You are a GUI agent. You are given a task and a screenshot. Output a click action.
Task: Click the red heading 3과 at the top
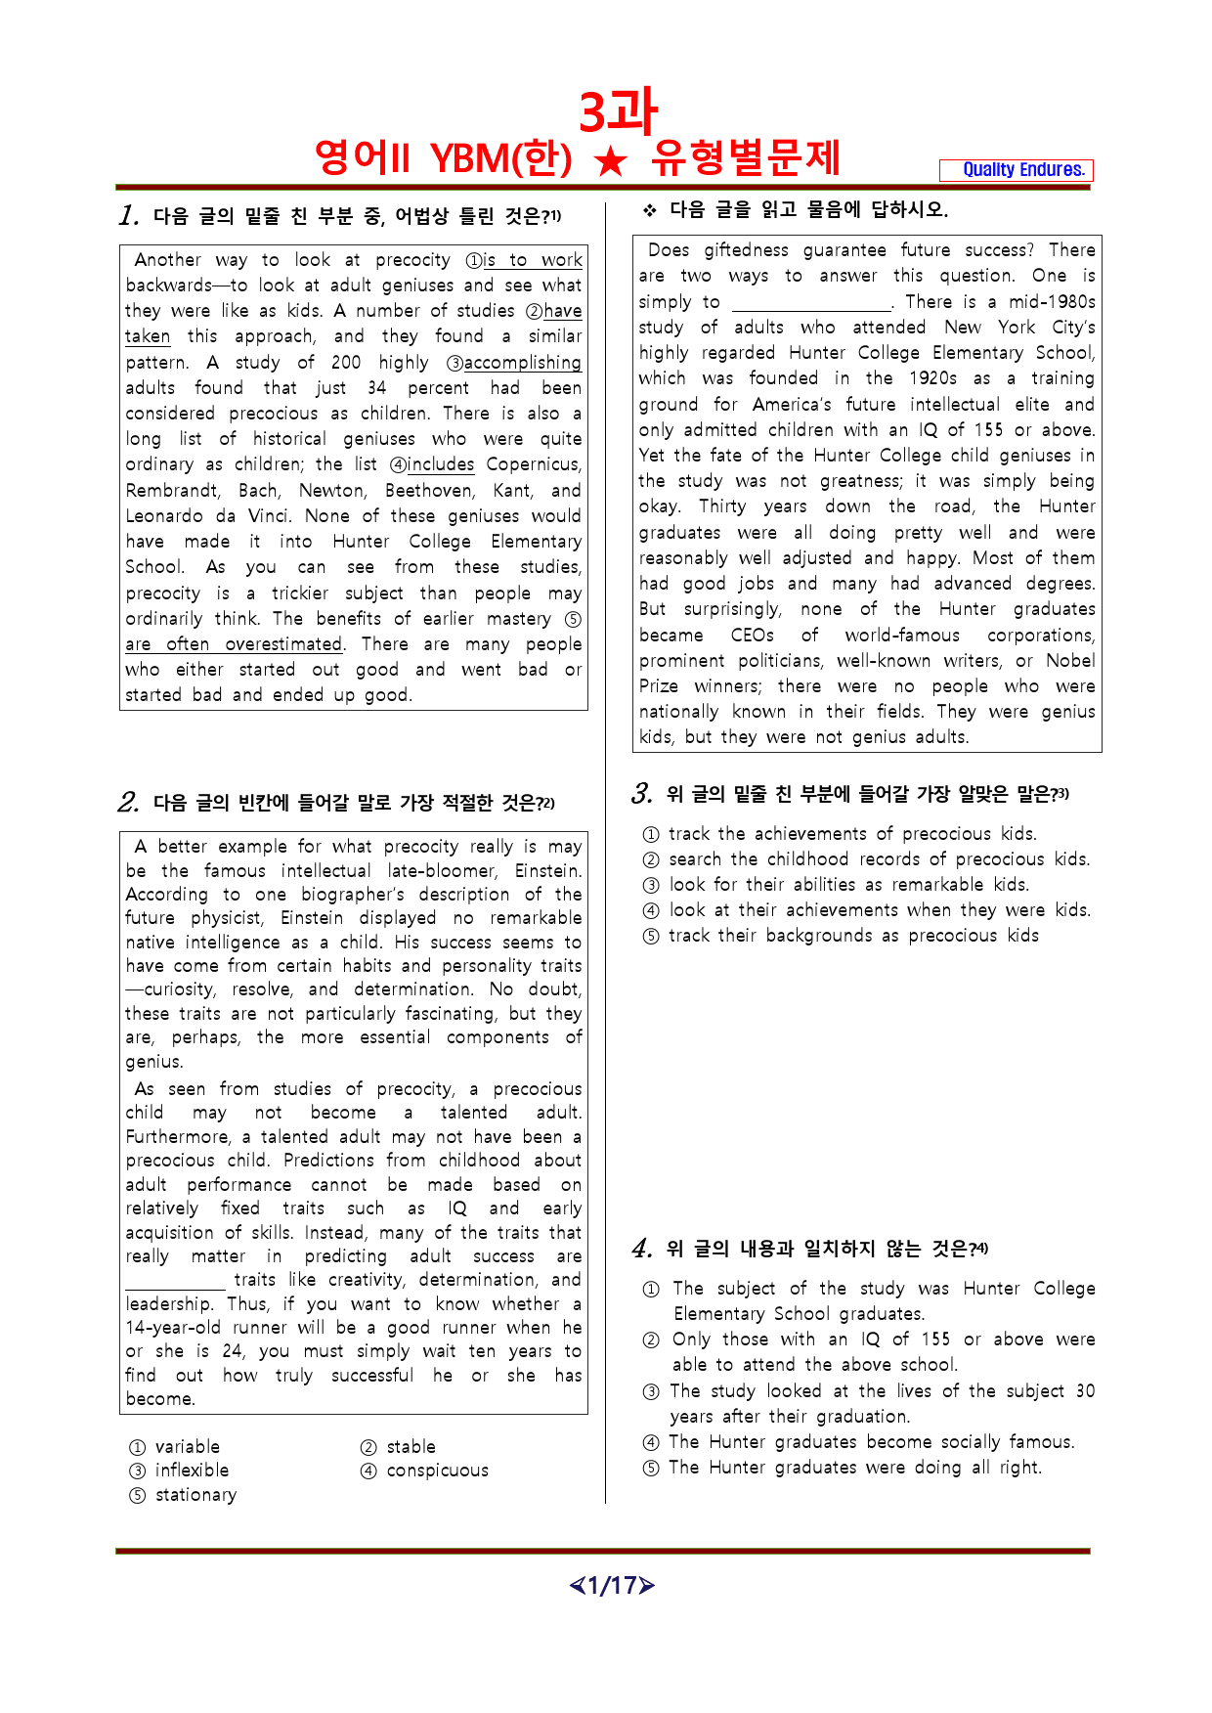pyautogui.click(x=618, y=112)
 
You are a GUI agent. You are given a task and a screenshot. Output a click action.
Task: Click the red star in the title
pyautogui.click(x=611, y=159)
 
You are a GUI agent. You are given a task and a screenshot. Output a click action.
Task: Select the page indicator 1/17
pyautogui.click(x=612, y=1585)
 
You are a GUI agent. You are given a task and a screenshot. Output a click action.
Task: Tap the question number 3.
pyautogui.click(x=642, y=794)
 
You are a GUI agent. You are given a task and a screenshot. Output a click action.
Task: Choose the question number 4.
pyautogui.click(x=642, y=1249)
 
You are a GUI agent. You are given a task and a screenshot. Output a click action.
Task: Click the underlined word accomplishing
pyautogui.click(x=522, y=363)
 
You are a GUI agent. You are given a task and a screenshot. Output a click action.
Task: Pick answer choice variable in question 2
pyautogui.click(x=187, y=1447)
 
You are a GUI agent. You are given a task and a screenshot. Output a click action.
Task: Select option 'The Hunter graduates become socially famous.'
pyautogui.click(x=871, y=1442)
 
